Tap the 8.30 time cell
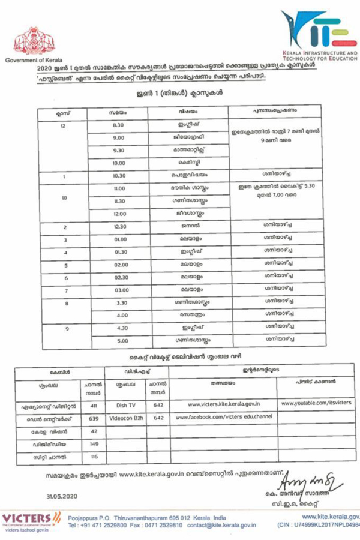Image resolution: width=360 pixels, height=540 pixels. [x=118, y=125]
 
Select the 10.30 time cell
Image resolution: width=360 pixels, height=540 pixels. [x=119, y=175]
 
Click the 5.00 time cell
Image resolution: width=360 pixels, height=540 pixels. [x=122, y=341]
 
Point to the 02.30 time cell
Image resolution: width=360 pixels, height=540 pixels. [x=121, y=277]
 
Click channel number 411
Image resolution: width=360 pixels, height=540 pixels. [x=93, y=406]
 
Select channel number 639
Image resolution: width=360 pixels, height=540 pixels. [x=93, y=418]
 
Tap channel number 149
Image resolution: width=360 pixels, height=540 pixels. [x=94, y=444]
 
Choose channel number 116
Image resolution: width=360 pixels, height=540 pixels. [x=94, y=457]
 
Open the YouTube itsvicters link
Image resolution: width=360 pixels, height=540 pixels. [x=316, y=403]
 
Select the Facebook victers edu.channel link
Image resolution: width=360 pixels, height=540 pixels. [x=223, y=416]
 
